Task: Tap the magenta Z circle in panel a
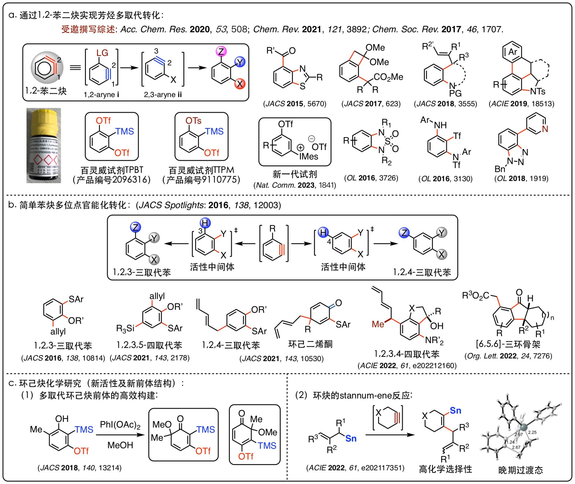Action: coord(221,51)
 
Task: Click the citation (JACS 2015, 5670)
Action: coord(295,104)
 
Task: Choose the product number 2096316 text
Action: coord(111,180)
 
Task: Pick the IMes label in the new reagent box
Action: coord(309,156)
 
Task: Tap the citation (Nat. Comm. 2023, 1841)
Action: coord(295,185)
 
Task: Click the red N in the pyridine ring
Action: coord(545,129)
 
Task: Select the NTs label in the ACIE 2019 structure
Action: coord(537,91)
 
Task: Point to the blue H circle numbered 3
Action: coord(205,223)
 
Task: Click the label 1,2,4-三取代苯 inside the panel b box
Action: coord(422,272)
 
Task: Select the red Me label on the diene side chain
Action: coord(378,324)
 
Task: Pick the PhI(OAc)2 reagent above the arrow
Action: coord(120,425)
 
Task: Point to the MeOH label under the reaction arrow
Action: coord(120,445)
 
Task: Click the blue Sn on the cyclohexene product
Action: coord(455,411)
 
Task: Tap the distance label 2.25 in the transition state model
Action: coord(532,432)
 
